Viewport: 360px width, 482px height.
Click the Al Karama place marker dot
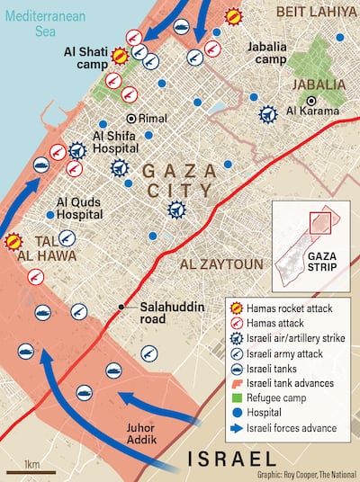pos(311,100)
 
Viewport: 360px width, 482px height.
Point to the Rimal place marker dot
pos(130,118)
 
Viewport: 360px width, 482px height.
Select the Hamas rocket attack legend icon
pos(238,308)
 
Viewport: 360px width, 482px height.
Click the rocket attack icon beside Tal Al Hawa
pos(13,240)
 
